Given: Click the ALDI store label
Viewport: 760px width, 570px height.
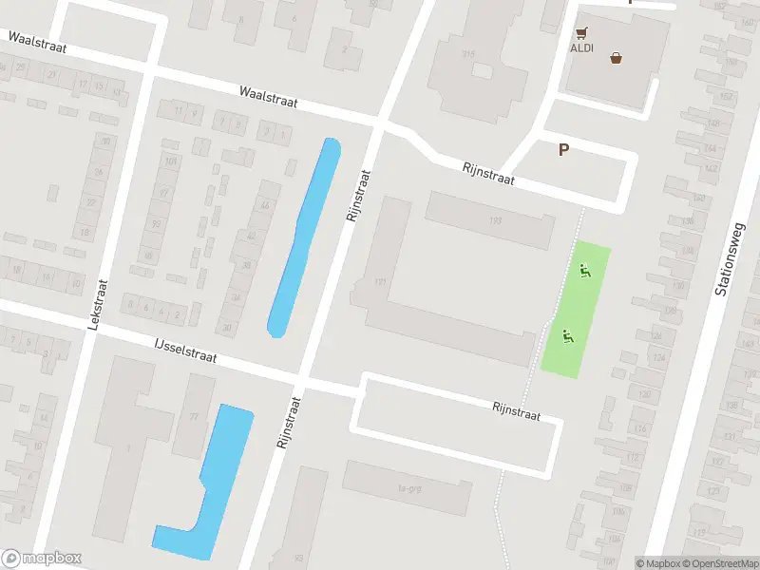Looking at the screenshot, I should [581, 47].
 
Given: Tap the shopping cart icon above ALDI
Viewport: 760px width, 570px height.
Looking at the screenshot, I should [581, 31].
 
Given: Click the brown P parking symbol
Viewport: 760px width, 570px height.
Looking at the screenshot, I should [564, 149].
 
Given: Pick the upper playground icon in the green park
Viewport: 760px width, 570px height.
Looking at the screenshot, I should [585, 271].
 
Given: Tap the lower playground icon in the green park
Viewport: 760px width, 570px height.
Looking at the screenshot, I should [568, 335].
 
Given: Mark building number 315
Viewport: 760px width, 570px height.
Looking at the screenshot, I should [467, 55].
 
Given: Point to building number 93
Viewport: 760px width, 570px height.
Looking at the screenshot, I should [298, 558].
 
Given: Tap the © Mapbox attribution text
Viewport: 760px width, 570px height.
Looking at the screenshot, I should [657, 563].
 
